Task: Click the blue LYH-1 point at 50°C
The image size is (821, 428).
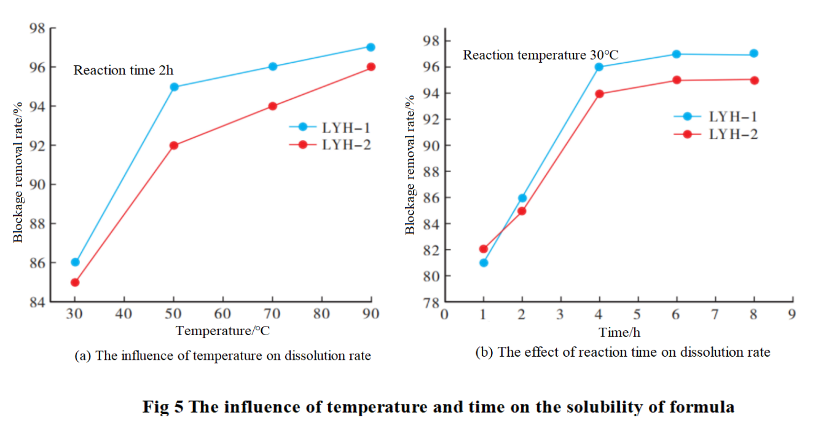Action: pos(174,87)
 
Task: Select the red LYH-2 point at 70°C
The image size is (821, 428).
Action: pos(272,106)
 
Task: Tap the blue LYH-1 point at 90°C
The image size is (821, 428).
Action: pos(371,47)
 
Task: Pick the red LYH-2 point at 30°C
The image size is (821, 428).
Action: pos(75,282)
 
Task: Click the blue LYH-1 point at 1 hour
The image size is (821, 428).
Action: pos(484,263)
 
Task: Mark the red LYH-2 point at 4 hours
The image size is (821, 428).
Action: pos(600,93)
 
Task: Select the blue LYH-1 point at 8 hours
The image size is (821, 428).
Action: pos(754,53)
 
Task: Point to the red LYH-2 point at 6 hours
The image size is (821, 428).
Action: pos(677,80)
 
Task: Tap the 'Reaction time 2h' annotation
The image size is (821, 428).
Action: pos(124,70)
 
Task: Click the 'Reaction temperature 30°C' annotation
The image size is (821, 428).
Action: pos(540,55)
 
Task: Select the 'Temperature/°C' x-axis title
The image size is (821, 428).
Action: pos(222,331)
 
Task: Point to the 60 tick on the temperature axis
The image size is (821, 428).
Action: pos(222,314)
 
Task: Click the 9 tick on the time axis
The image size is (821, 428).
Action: pos(792,314)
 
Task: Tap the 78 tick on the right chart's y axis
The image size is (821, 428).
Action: pos(432,303)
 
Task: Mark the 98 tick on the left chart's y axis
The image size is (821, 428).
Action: pos(38,28)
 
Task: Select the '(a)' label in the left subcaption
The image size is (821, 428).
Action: pos(82,355)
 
